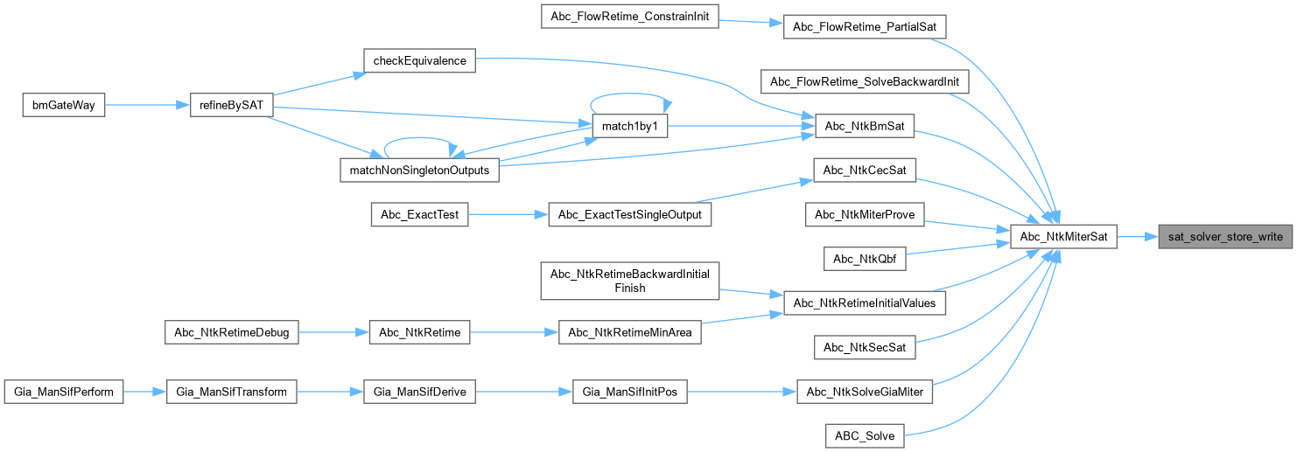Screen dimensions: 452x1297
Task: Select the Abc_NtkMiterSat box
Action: (1063, 237)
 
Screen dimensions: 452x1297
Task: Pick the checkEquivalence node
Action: (418, 60)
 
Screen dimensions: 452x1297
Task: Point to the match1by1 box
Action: (630, 127)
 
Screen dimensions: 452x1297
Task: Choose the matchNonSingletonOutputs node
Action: (418, 170)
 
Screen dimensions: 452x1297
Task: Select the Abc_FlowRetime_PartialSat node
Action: (865, 27)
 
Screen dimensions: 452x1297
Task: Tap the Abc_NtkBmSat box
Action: (865, 127)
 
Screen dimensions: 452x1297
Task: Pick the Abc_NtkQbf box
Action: (865, 259)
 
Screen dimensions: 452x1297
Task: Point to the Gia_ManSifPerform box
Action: (63, 393)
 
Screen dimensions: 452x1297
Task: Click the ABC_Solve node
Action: (865, 435)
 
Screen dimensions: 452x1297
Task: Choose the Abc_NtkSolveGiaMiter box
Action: (865, 393)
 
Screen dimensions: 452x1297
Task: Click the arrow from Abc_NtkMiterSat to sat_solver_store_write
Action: (1137, 237)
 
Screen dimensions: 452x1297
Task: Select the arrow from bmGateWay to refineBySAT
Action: (147, 105)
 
